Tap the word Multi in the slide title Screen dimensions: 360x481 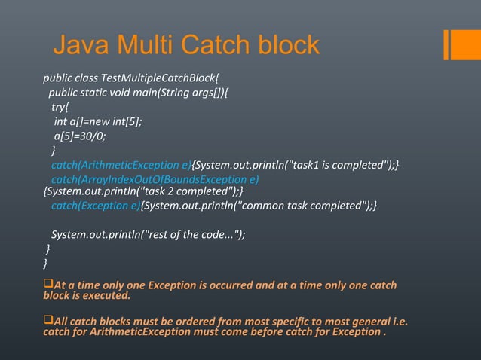point(148,45)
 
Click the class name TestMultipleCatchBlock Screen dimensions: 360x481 point(158,78)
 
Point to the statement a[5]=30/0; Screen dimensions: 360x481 point(80,136)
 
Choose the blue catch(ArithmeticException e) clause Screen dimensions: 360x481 point(121,166)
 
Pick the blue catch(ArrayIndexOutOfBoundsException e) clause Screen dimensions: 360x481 point(155,179)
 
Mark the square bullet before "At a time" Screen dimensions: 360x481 point(49,285)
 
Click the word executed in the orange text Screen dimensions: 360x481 point(106,296)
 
